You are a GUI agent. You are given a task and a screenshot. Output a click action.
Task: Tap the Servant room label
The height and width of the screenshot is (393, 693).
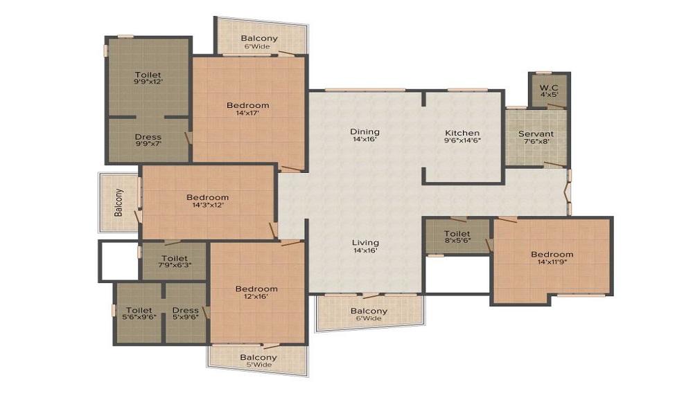536,134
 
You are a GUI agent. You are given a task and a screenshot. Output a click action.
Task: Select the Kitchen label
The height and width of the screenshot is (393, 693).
462,133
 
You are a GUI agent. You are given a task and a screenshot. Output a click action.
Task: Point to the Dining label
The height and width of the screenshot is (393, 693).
365,131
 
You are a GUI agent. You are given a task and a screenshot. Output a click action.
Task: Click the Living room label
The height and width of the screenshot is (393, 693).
365,243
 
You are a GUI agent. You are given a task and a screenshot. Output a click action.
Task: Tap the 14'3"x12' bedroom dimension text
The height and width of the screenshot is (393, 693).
207,205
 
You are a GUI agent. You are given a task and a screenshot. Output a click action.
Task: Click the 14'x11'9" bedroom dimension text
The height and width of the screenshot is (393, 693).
552,262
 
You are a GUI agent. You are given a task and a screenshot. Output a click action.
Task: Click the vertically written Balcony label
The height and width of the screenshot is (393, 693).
119,202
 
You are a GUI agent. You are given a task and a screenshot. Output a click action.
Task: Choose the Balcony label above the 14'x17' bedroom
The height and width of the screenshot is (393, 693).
259,38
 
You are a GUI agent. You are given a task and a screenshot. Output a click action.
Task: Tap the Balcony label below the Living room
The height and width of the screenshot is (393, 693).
369,311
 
